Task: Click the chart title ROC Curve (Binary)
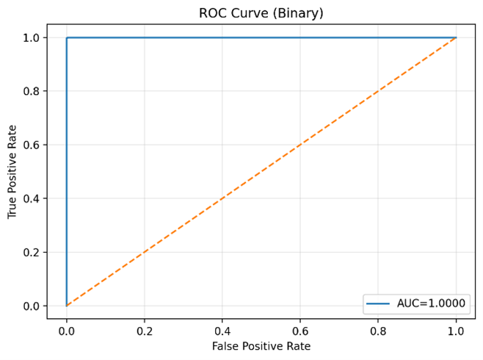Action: click(261, 13)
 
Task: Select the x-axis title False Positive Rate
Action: click(261, 346)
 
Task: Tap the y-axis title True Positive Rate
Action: click(12, 171)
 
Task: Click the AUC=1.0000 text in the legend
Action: click(431, 303)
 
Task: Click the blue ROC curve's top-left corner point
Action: click(67, 37)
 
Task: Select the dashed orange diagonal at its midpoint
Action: click(261, 171)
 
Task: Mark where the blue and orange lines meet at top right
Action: click(456, 37)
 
